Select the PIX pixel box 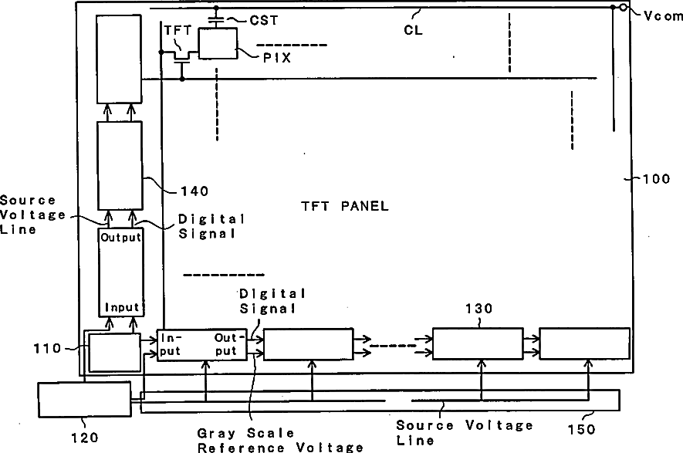pos(218,43)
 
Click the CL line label pos(414,30)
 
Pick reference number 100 pos(658,179)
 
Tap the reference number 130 pos(478,309)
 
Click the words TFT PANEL pos(344,206)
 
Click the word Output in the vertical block pos(120,237)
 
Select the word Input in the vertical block pos(122,306)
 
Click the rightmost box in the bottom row pos(584,344)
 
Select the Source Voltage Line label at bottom pos(464,431)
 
